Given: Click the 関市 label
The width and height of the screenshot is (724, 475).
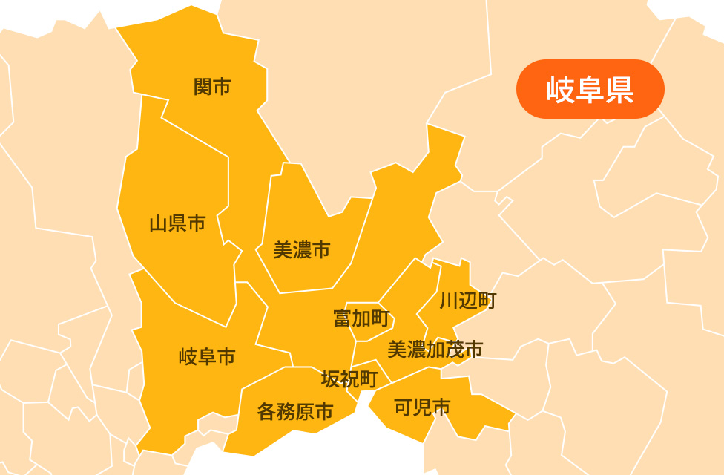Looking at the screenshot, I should [212, 88].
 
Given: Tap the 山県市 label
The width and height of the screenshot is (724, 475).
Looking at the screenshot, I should [177, 223].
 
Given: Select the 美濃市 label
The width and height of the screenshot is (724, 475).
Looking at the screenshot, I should [301, 250].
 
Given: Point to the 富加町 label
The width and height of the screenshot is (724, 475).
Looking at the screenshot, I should [361, 319].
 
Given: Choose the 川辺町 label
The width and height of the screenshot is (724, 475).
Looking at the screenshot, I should [467, 301].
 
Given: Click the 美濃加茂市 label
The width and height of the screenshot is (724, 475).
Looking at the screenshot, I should [435, 349].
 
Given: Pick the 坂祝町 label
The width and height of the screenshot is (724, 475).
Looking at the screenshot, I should [349, 379].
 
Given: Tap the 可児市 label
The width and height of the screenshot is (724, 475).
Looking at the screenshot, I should [422, 407].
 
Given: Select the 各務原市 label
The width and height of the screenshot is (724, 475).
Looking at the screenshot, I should [295, 411].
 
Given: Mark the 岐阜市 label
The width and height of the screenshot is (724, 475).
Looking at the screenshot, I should [207, 358].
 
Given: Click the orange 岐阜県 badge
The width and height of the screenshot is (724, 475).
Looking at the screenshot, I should [590, 89].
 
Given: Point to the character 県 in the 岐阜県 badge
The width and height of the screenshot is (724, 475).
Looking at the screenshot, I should [619, 89].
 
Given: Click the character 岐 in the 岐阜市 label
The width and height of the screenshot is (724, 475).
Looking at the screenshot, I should [188, 358].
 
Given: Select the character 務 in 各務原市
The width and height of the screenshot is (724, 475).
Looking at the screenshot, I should [286, 411].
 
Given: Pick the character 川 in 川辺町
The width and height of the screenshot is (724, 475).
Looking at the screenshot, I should [449, 301].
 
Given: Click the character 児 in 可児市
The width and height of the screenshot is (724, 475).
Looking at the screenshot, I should [422, 407].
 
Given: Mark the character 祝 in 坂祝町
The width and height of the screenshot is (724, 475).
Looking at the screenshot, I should [349, 379].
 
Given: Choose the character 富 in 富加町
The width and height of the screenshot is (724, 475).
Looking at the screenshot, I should [343, 319].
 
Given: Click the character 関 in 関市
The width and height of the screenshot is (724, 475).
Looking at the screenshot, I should [203, 88].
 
